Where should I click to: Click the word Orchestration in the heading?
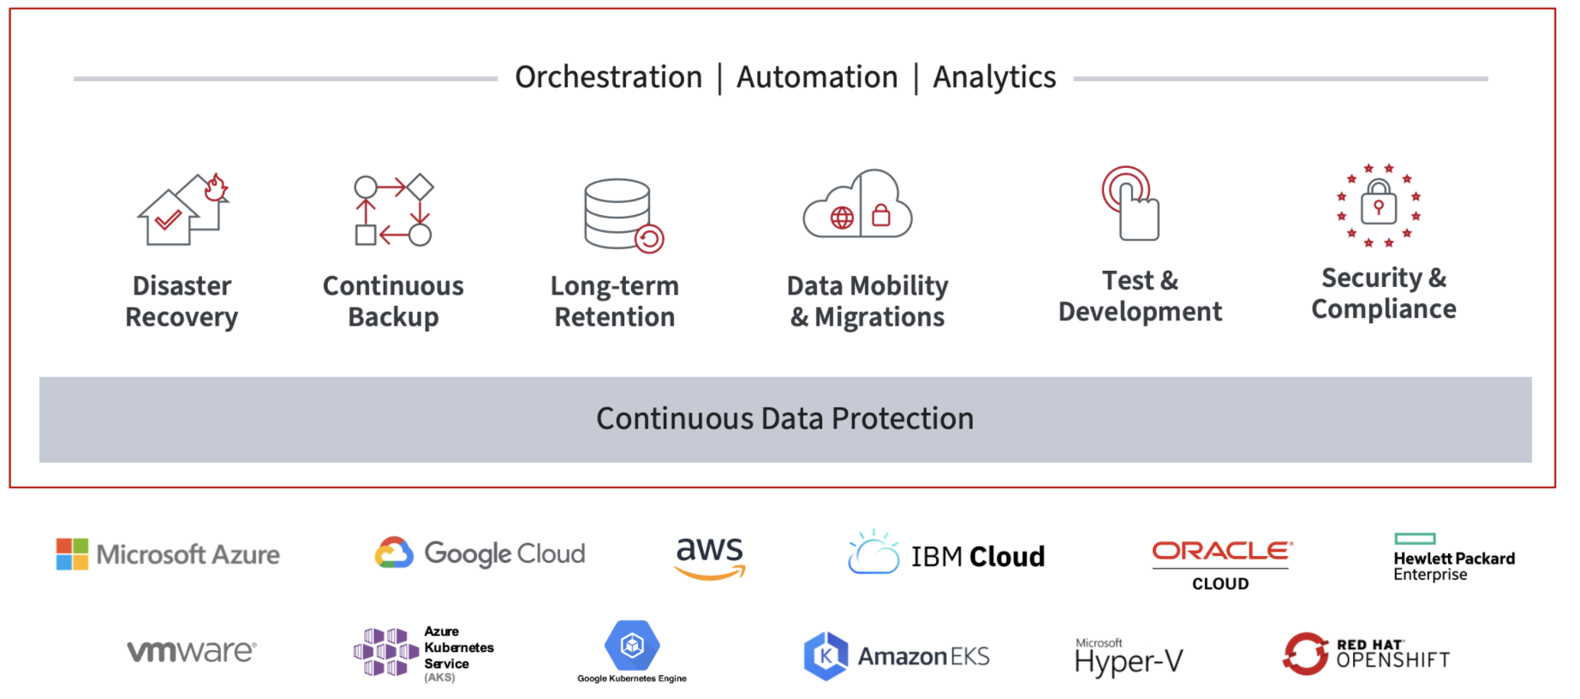[x=608, y=77]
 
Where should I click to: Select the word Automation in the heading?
[x=817, y=77]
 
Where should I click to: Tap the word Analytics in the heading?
[x=994, y=78]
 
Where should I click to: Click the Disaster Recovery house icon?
[x=183, y=208]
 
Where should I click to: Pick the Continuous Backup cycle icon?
[x=394, y=210]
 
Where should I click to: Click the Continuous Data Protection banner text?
[x=784, y=419]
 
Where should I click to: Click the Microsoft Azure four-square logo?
[x=72, y=554]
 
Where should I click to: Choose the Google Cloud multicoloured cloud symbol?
[x=394, y=553]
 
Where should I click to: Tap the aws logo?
[x=710, y=558]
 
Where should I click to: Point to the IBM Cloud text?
[x=977, y=557]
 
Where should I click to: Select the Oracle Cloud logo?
[x=1221, y=565]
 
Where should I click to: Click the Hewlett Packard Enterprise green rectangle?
[x=1415, y=539]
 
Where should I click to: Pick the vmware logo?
[x=192, y=651]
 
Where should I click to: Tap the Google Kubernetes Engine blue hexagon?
[x=632, y=645]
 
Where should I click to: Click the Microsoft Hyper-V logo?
[x=1129, y=658]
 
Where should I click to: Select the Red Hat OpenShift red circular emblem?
[x=1305, y=654]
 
